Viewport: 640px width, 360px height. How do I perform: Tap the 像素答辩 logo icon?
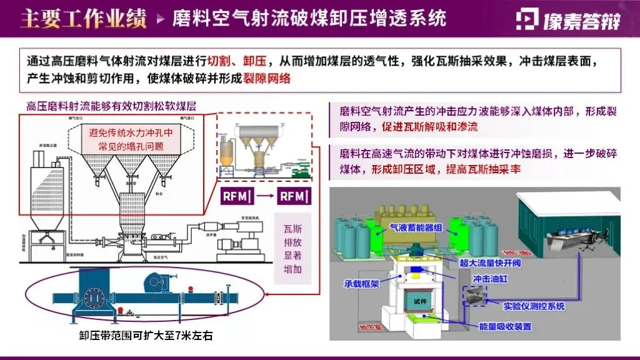pyautogui.click(x=527, y=19)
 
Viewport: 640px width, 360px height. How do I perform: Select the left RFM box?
pyautogui.click(x=237, y=196)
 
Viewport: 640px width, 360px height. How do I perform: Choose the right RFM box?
pyautogui.click(x=294, y=196)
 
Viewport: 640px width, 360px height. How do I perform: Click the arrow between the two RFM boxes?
pyautogui.click(x=266, y=196)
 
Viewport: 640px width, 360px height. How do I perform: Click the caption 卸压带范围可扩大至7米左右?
pyautogui.click(x=146, y=336)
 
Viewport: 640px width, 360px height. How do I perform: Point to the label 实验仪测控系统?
pyautogui.click(x=534, y=306)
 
